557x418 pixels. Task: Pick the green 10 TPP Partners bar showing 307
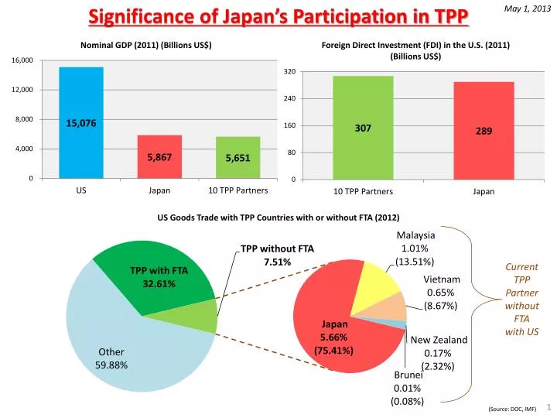coord(363,128)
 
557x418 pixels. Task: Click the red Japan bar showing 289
coord(484,131)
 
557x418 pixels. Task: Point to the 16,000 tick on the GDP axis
coord(22,60)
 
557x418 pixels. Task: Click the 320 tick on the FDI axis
coord(289,72)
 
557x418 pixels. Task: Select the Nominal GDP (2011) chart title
coord(146,45)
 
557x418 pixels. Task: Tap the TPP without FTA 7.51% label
coord(277,255)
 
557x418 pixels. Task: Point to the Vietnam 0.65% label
coord(442,293)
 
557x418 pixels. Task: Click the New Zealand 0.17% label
coord(439,352)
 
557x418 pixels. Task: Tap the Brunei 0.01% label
coord(407,388)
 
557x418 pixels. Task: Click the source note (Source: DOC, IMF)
coord(512,408)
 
